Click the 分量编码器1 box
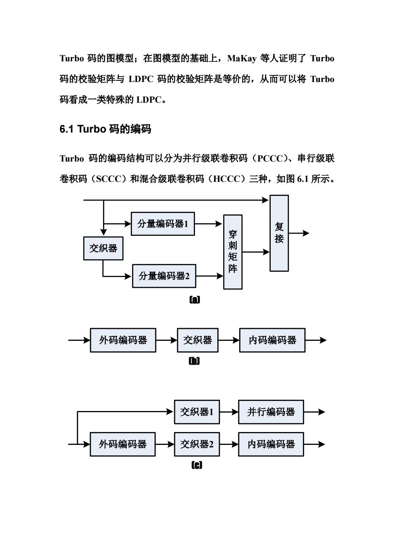[163, 224]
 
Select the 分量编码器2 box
[164, 276]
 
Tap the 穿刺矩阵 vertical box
[233, 252]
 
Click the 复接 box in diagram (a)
[279, 233]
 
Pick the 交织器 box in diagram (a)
[103, 249]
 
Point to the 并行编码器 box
[271, 412]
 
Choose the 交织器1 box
[197, 412]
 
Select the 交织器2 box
[197, 444]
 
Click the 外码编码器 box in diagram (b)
[123, 340]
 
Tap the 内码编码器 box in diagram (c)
[271, 444]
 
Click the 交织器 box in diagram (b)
[198, 340]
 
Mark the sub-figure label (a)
[195, 300]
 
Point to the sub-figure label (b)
[194, 361]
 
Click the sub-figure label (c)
[197, 465]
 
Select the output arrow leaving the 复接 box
[299, 233]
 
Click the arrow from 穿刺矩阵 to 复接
[256, 252]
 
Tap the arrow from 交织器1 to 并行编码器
[229, 412]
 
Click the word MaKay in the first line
[242, 58]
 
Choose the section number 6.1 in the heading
[67, 129]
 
